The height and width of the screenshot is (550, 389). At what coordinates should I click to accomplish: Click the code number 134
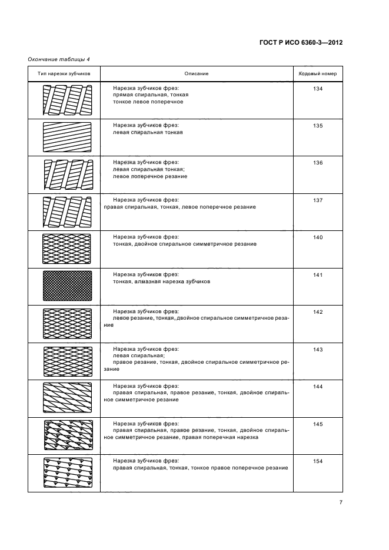point(318,88)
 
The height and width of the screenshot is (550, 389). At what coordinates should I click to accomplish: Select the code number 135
point(318,125)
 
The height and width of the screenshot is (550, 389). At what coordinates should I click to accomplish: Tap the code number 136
point(318,163)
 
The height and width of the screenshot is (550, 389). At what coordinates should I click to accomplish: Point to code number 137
point(318,200)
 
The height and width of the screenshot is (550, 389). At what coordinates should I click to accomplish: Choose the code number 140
point(318,237)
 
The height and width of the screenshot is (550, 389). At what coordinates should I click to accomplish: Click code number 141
point(318,274)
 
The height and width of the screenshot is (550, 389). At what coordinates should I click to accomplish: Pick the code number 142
point(318,311)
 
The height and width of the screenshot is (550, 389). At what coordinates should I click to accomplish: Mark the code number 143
point(318,349)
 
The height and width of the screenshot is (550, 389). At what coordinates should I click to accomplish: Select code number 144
point(318,386)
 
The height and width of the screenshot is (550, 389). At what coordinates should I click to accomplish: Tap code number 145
point(318,424)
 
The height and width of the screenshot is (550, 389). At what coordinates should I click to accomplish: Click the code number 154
point(318,461)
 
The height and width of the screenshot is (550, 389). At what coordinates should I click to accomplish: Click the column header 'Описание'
point(197,73)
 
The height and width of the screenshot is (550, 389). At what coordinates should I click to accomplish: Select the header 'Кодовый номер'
point(318,73)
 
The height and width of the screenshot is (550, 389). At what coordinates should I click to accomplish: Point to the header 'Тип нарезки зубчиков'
point(64,73)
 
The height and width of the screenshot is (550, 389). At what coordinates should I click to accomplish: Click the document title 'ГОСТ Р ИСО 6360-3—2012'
point(301,42)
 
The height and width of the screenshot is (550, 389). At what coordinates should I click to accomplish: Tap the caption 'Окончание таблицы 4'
point(59,58)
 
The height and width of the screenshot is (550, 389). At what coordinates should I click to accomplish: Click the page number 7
point(341,502)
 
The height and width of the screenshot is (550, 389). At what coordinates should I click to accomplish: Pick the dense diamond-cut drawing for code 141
point(68,286)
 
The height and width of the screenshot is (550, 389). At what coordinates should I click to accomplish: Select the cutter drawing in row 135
point(68,137)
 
